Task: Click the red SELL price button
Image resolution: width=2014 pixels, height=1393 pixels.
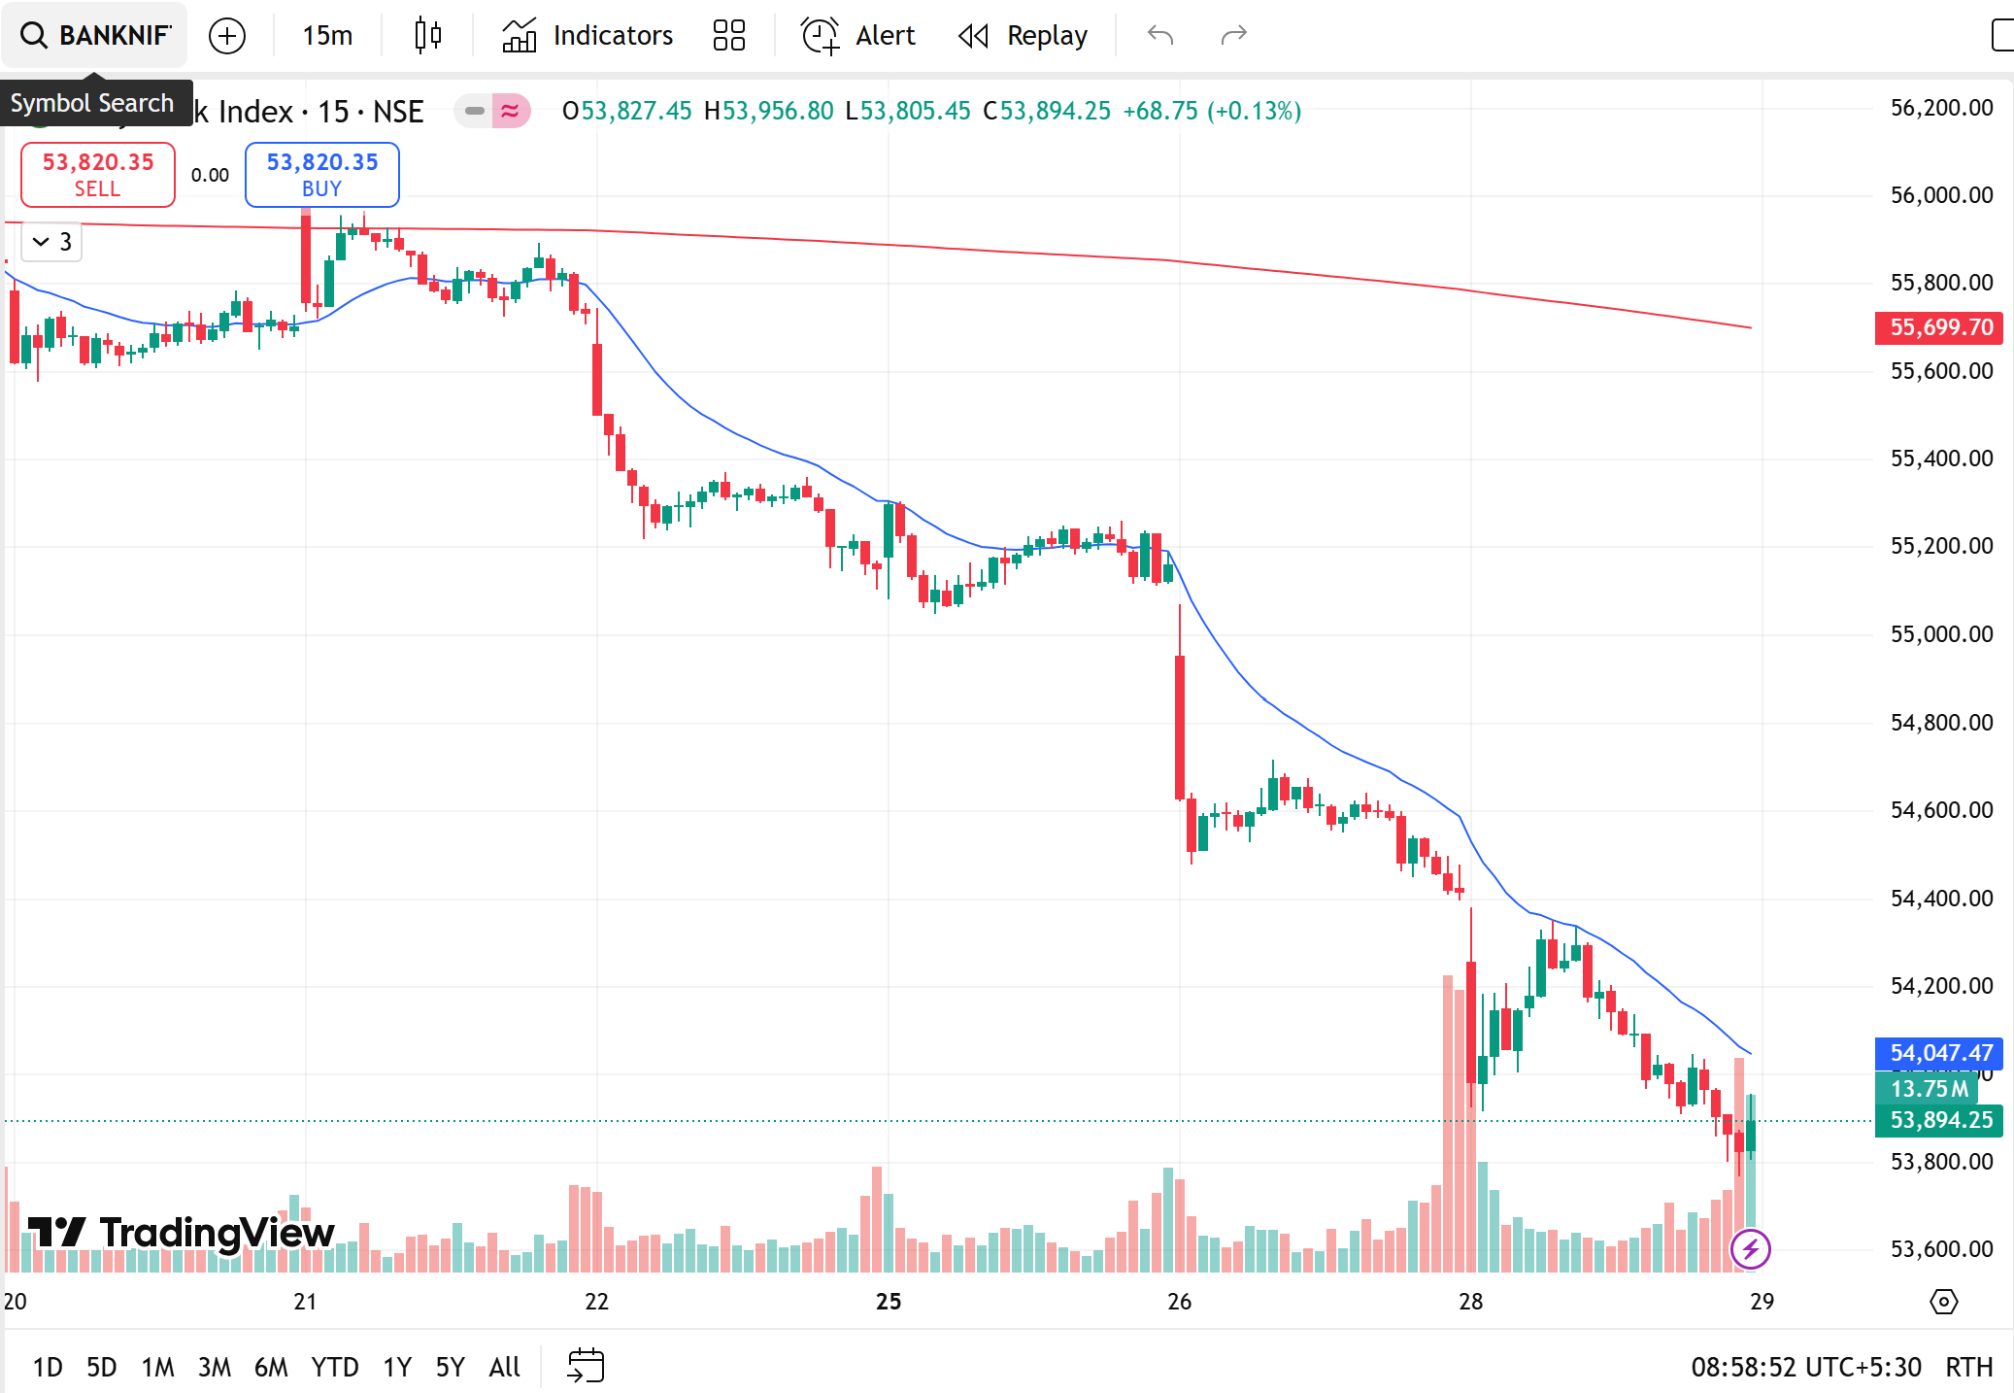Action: (98, 175)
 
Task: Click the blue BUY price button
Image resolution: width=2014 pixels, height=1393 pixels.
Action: (321, 175)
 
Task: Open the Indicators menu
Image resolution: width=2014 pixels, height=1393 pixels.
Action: (587, 36)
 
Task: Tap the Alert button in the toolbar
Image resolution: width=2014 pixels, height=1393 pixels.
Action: (858, 36)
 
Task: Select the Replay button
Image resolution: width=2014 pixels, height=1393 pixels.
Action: (1024, 36)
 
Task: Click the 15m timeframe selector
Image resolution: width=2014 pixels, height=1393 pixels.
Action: (327, 36)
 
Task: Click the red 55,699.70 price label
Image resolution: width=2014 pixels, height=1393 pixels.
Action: (1939, 327)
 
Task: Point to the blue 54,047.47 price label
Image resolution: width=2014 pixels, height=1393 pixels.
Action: (1939, 1053)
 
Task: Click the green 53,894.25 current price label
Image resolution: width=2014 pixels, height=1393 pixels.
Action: (1939, 1120)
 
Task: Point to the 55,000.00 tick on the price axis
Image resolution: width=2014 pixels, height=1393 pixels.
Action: (1941, 634)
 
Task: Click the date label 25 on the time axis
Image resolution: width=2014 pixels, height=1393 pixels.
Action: (889, 1302)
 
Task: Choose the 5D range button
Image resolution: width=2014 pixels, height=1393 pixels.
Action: (102, 1368)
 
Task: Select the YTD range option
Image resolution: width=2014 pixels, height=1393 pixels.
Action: (335, 1368)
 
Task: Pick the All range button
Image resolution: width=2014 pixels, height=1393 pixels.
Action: (505, 1368)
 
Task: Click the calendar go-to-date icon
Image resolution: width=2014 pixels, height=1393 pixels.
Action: (586, 1366)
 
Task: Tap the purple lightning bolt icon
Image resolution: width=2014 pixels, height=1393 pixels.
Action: (1751, 1249)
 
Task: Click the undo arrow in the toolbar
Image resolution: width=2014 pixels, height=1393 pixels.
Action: (1160, 36)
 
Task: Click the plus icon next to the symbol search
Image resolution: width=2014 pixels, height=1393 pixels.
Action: (227, 36)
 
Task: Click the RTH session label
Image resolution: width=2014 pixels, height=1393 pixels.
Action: (1968, 1368)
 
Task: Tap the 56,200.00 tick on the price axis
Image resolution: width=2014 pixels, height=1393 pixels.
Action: (1941, 108)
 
